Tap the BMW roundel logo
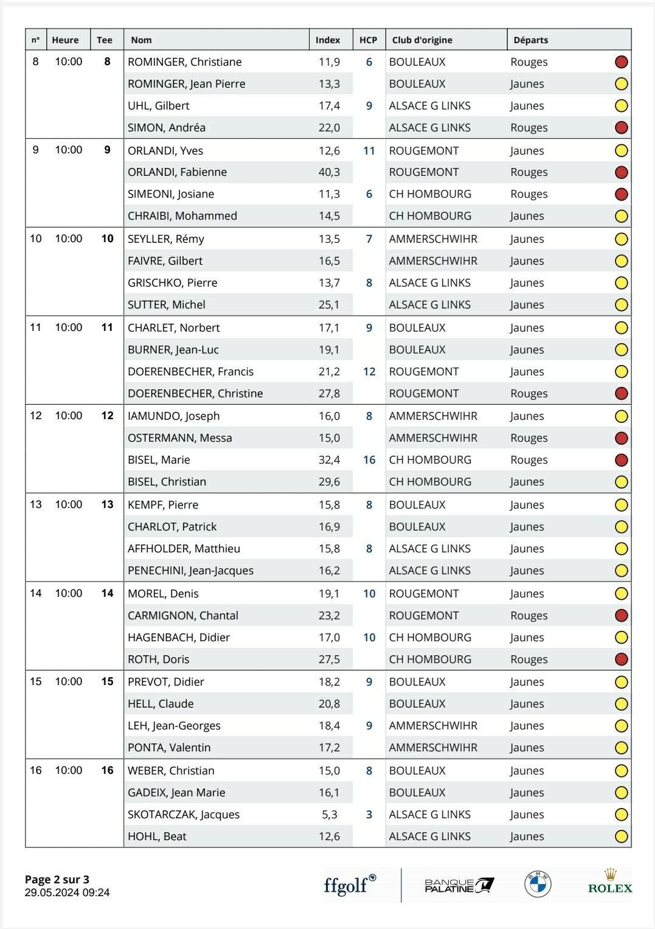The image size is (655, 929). pos(538,884)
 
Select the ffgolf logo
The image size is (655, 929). pos(350,884)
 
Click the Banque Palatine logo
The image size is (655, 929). pos(459,885)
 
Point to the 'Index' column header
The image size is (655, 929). pos(328,40)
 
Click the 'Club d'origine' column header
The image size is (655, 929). pos(422,40)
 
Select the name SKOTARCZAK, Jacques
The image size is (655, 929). pos(184,815)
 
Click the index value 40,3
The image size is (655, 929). pos(329,172)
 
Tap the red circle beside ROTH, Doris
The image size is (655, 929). pos(621,659)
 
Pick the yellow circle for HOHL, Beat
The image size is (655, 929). pos(621,837)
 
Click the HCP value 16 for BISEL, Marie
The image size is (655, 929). pos(369,460)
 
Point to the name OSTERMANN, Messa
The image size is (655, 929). pos(180,438)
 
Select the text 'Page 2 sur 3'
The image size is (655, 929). pos(57,879)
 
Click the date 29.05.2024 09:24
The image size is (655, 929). pos(68,892)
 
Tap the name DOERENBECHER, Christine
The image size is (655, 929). pos(195,394)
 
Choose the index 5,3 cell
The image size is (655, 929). pos(329,815)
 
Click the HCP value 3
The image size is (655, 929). pos(369,815)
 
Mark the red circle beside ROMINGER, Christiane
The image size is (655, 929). pos(621,62)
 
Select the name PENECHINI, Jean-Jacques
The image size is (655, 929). pos(190,571)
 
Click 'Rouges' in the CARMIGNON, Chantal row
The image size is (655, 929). pos(529,616)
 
